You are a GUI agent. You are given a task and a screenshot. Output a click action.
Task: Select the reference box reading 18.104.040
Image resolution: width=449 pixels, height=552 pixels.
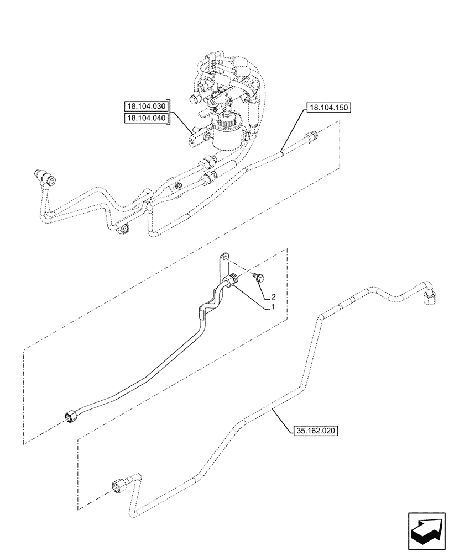[147, 118]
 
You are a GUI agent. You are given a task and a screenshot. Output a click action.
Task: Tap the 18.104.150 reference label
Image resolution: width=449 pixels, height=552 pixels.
[327, 108]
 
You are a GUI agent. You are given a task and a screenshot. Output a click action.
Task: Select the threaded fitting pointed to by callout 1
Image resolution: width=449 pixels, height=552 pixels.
[234, 281]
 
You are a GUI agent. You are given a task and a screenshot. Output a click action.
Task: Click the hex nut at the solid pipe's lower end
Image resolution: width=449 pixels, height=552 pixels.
[70, 417]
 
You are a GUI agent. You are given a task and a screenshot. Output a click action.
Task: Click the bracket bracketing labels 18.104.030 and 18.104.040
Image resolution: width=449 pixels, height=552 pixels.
[171, 113]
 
